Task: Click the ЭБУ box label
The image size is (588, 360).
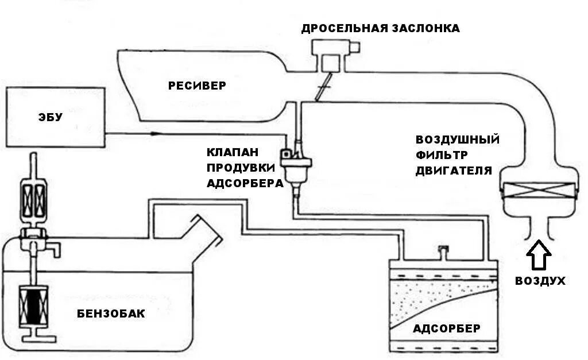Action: click(51, 118)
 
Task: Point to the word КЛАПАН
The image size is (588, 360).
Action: click(233, 153)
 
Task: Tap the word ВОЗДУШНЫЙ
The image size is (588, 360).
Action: click(458, 140)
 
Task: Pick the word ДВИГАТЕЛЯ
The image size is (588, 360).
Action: click(454, 171)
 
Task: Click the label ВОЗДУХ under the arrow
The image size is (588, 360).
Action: click(540, 281)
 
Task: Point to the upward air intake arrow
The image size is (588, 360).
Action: click(539, 256)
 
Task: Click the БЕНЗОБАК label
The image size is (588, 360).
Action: click(111, 314)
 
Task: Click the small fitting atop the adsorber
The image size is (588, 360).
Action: click(442, 250)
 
